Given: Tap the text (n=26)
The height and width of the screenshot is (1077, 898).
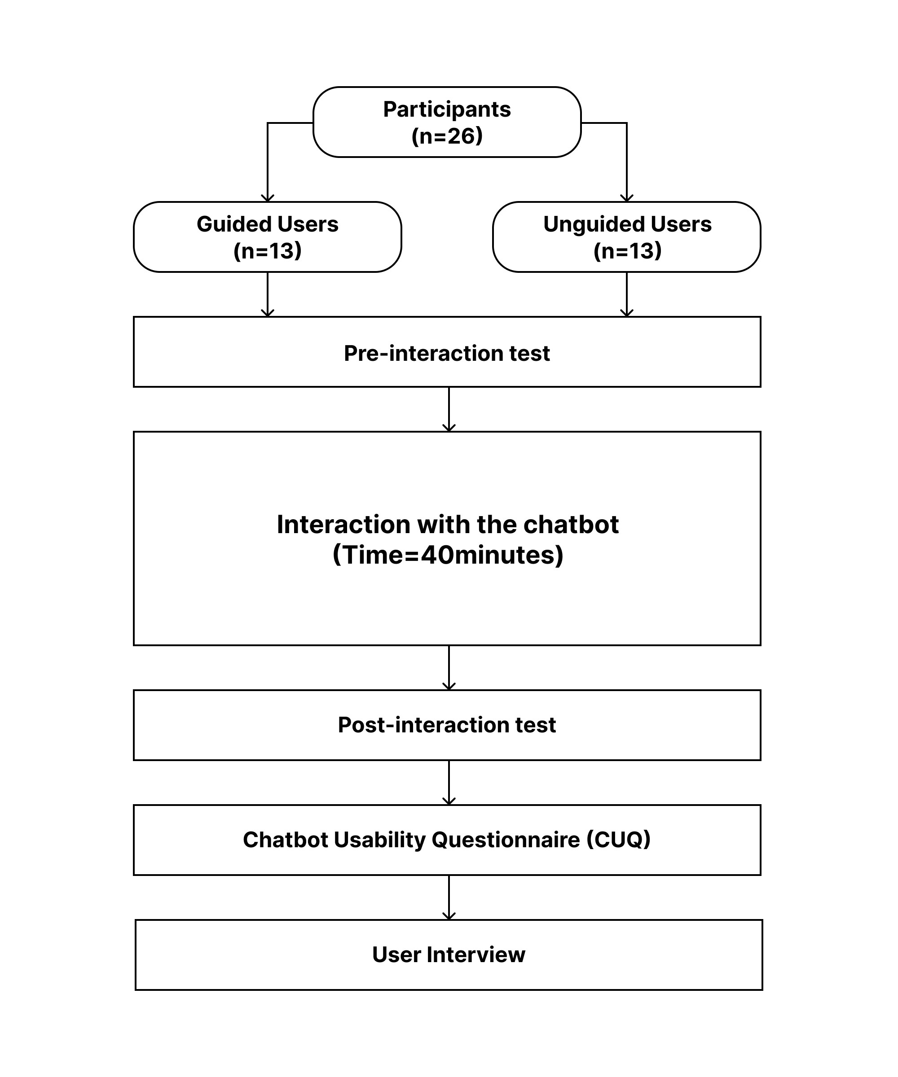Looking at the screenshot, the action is click(447, 136).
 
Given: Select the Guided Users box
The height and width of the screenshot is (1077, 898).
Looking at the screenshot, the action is click(267, 237).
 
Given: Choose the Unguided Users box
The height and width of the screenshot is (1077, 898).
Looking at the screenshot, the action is click(626, 237).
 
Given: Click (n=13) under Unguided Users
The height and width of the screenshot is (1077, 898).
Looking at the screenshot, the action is click(627, 251).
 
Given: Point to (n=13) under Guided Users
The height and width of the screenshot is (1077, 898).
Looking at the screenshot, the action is click(267, 251).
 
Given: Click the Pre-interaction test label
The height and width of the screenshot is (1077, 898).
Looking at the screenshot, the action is click(447, 353).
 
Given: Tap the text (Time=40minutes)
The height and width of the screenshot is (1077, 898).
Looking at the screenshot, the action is click(448, 555).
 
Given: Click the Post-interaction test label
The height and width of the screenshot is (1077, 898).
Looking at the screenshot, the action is click(447, 725).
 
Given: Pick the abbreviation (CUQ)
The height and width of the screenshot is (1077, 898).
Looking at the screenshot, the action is click(618, 840).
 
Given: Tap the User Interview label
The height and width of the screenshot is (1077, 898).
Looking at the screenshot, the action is click(449, 954).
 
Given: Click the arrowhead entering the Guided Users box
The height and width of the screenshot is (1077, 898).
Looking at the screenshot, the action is click(267, 198).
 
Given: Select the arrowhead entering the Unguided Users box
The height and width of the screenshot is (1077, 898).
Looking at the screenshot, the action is click(626, 198).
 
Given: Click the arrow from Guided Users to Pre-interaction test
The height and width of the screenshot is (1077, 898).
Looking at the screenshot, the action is click(267, 294).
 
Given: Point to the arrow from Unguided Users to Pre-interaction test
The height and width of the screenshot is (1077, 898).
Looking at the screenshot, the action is click(626, 294).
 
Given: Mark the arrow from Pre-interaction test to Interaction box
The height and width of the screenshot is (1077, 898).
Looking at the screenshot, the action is click(449, 409).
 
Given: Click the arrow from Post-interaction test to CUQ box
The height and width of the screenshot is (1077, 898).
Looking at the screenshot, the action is click(449, 783).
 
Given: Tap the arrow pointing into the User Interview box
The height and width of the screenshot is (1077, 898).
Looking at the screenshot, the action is click(449, 897).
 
